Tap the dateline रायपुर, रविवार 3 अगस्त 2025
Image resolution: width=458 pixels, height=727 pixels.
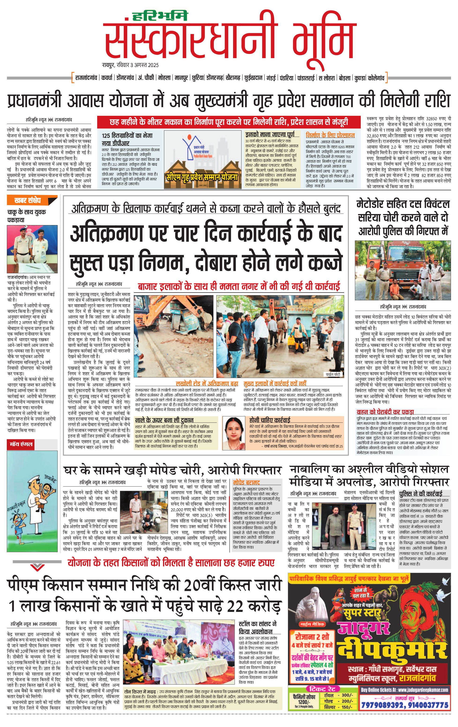tap(130, 65)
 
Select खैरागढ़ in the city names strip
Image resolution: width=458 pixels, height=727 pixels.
tap(233, 78)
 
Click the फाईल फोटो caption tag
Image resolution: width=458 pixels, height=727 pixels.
tap(333, 374)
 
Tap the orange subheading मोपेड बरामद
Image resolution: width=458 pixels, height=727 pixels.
tap(246, 482)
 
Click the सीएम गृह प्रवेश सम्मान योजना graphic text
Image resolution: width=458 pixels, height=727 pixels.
tap(202, 177)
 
